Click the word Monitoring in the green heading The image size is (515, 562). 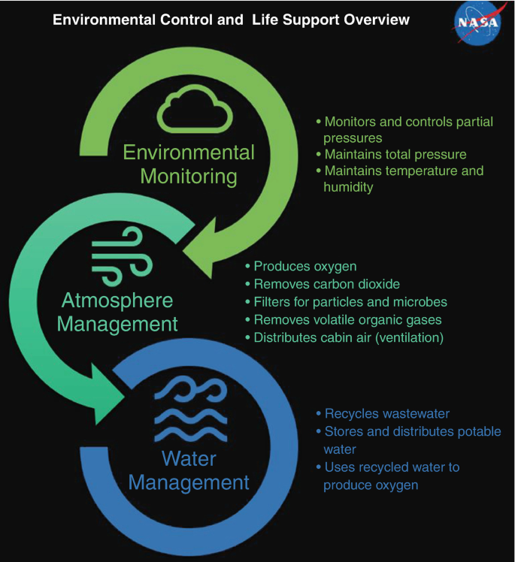(x=189, y=177)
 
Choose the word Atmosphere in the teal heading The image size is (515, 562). (x=117, y=301)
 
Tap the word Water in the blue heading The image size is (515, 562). (x=188, y=458)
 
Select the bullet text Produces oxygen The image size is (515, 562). (x=304, y=266)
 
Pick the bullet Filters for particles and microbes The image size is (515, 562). (x=350, y=302)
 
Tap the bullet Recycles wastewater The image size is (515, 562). (x=387, y=414)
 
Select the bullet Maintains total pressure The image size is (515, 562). (x=395, y=155)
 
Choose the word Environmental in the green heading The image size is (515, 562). (x=189, y=153)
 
